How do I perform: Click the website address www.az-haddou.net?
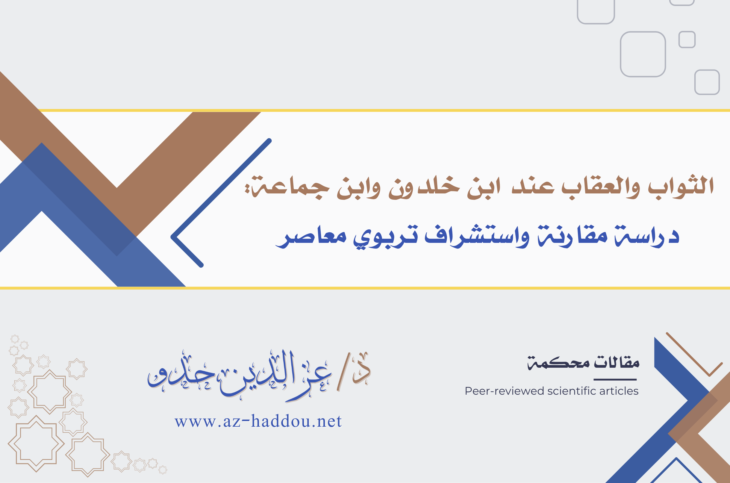[258, 421]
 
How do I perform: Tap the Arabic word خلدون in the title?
[424, 187]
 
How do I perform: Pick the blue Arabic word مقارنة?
[573, 236]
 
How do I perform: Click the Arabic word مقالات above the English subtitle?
[617, 362]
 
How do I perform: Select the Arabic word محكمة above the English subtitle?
[558, 363]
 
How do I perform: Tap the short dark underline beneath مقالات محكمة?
[615, 379]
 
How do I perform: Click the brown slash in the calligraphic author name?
[343, 372]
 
